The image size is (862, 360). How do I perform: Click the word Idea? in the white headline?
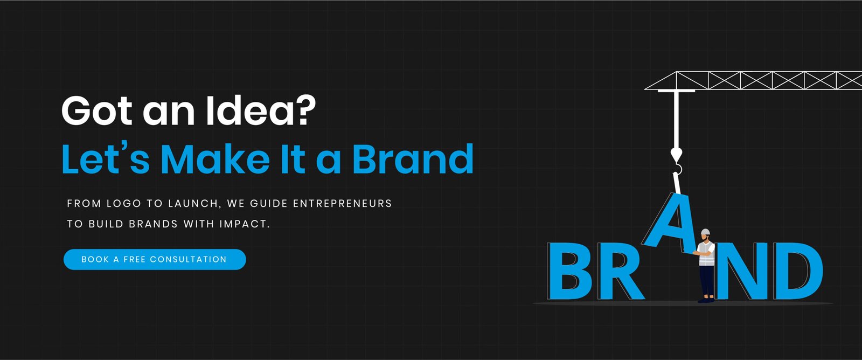pyautogui.click(x=261, y=110)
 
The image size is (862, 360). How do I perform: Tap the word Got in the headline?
pyautogui.click(x=97, y=111)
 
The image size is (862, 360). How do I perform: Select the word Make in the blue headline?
pyautogui.click(x=215, y=159)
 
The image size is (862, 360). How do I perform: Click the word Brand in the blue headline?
pyautogui.click(x=413, y=158)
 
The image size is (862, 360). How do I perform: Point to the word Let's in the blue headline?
pyautogui.click(x=106, y=158)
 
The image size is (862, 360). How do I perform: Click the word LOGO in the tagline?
pyautogui.click(x=124, y=204)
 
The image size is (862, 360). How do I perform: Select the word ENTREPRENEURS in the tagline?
pyautogui.click(x=343, y=204)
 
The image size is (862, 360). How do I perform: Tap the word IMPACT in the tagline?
pyautogui.click(x=245, y=224)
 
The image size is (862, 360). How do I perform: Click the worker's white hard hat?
pyautogui.click(x=705, y=232)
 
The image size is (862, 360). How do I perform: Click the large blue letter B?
pyautogui.click(x=570, y=271)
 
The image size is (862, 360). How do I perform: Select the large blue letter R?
pyautogui.click(x=620, y=271)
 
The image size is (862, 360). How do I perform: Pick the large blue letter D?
pyautogui.click(x=798, y=271)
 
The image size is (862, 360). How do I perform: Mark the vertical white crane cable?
pyautogui.click(x=676, y=119)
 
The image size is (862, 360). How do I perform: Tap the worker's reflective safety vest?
pyautogui.click(x=706, y=254)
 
